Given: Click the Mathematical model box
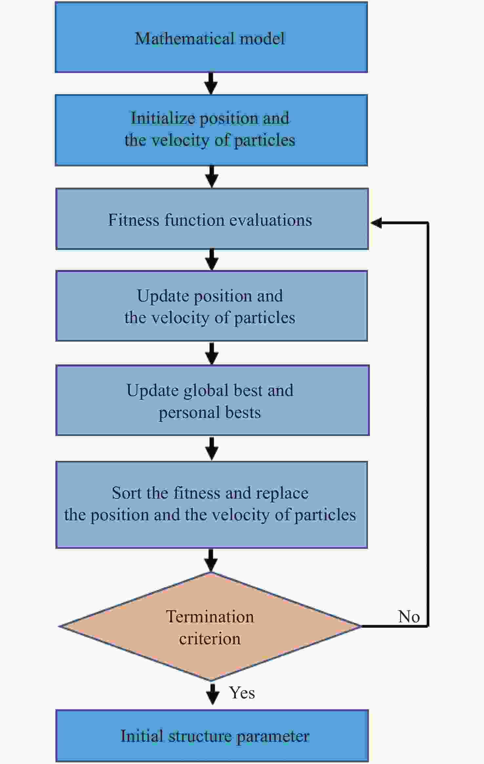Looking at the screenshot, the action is click(x=211, y=37).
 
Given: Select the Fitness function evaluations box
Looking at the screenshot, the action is click(x=212, y=219).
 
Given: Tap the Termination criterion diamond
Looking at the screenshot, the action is click(x=210, y=626).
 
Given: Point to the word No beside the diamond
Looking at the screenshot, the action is click(x=409, y=616).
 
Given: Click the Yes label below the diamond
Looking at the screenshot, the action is click(x=242, y=693).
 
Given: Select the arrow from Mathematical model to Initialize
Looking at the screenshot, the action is click(x=211, y=84).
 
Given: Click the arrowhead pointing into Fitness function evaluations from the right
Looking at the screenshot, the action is click(x=376, y=223).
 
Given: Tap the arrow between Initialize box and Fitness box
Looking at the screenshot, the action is click(x=212, y=177).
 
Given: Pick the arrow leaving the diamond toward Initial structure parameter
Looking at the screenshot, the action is click(x=212, y=694).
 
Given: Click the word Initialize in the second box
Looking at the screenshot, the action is click(x=163, y=118).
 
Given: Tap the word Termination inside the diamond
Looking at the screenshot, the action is click(x=210, y=617).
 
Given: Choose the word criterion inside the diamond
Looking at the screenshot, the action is click(x=210, y=639).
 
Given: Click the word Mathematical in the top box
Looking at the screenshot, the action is click(x=185, y=38).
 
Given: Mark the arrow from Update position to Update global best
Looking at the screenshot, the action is click(x=212, y=353).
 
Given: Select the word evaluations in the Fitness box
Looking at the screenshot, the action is click(x=271, y=220).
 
